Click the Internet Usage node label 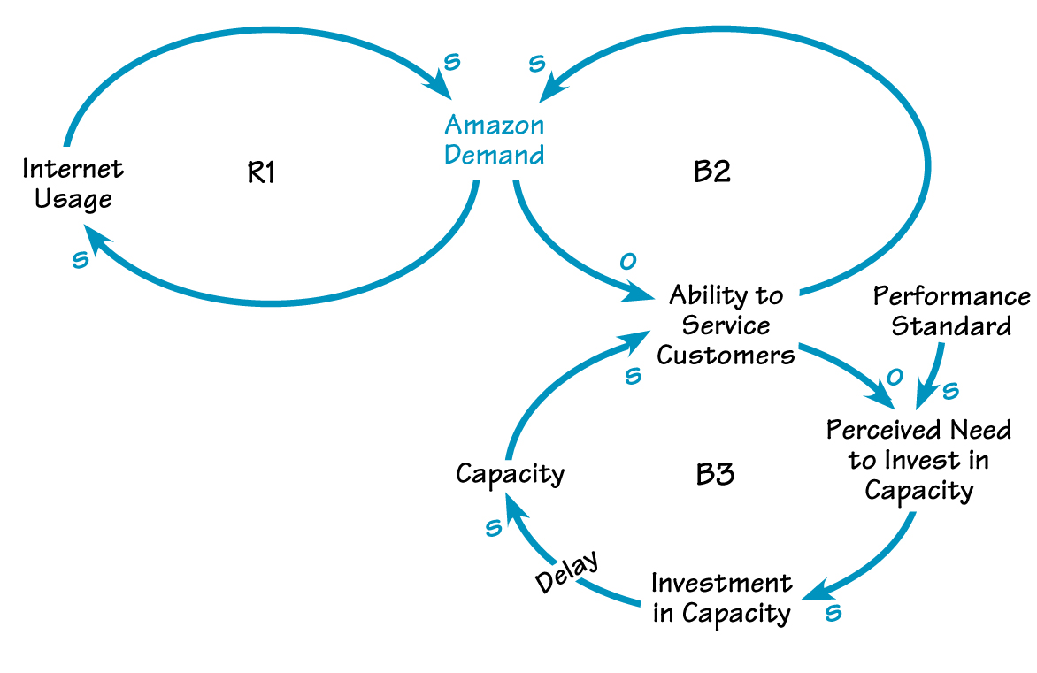[x=73, y=184]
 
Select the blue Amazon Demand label [x=494, y=140]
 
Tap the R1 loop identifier [x=261, y=173]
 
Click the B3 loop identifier [x=715, y=475]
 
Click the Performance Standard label [x=951, y=311]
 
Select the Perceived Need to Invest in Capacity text [x=918, y=460]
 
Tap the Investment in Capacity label [x=721, y=598]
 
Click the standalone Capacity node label [x=510, y=474]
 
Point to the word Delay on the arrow [x=566, y=572]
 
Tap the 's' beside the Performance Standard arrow [x=952, y=390]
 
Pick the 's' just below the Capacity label [x=494, y=528]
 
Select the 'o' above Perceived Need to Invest [x=894, y=377]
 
